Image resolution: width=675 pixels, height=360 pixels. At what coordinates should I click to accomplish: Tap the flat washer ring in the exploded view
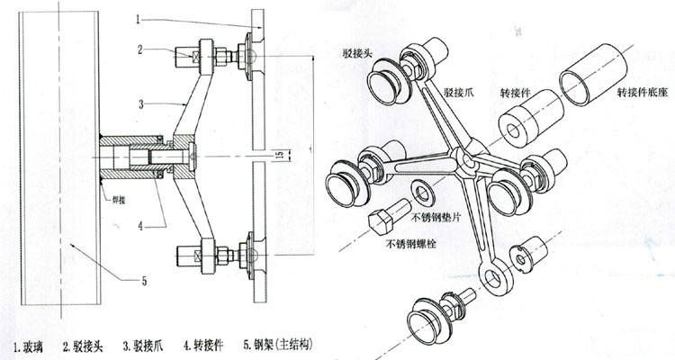(x=420, y=192)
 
